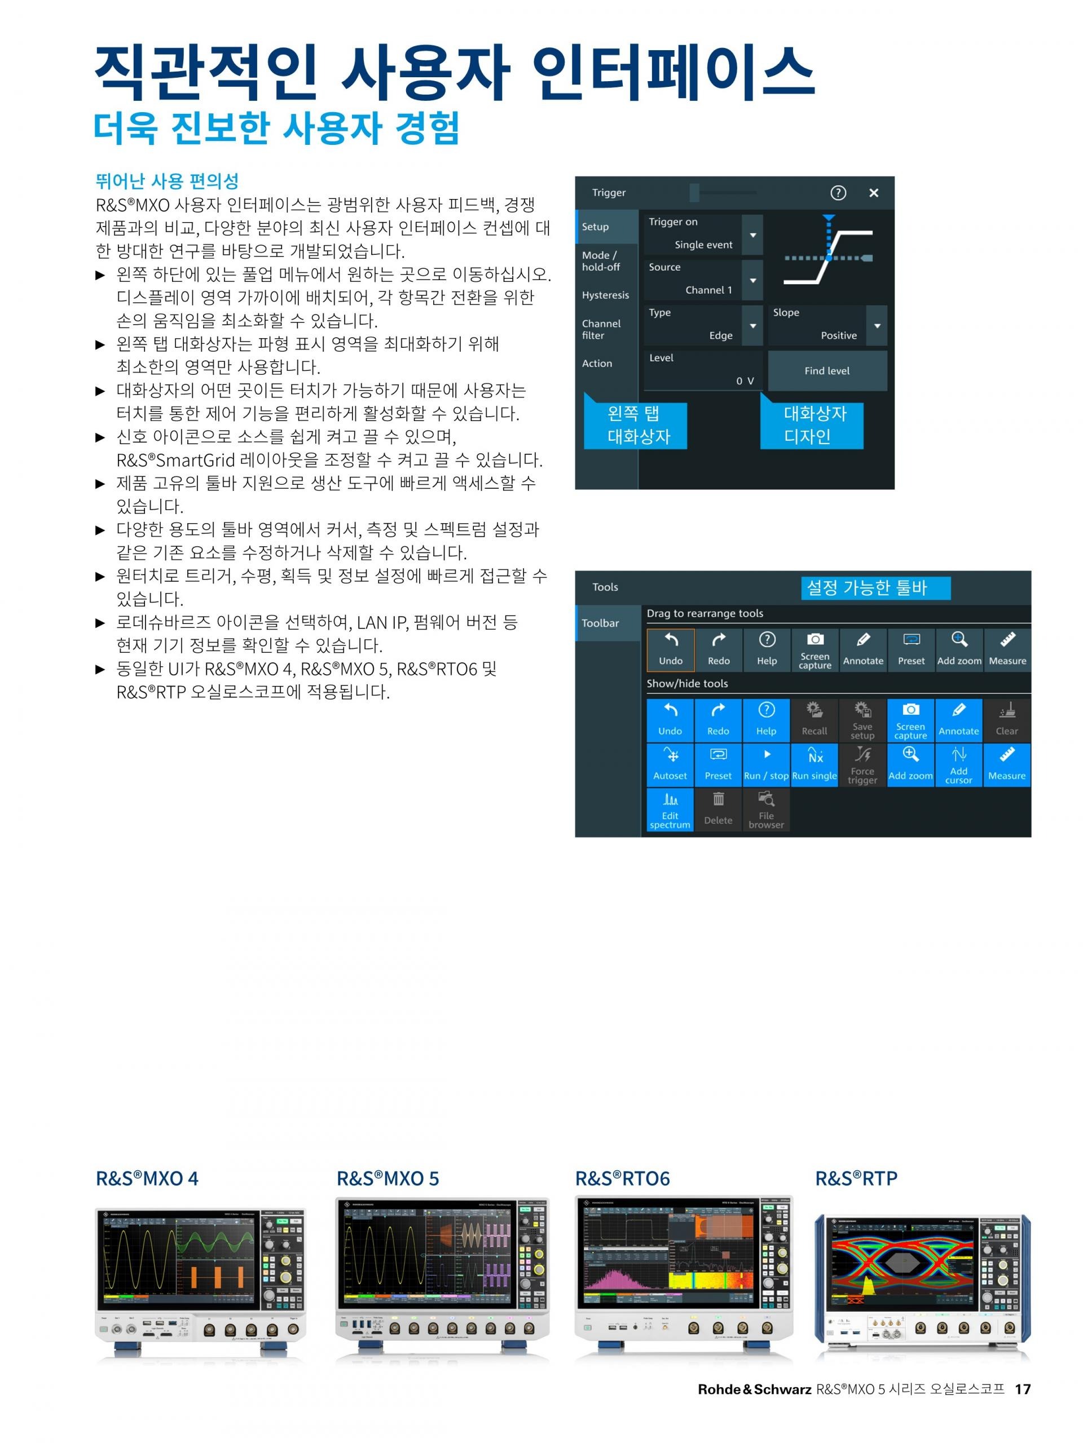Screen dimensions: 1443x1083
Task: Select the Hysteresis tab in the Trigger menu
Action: click(606, 295)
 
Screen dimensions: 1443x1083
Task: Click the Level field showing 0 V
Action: click(702, 370)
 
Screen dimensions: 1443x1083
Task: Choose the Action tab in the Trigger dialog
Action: click(597, 364)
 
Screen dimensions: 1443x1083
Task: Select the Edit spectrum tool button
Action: click(670, 809)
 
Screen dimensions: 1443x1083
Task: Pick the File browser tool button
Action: click(766, 809)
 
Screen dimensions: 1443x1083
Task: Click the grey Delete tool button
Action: click(718, 809)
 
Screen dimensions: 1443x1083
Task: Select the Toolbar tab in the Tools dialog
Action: click(601, 623)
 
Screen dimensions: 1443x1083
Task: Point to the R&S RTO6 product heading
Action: click(622, 1178)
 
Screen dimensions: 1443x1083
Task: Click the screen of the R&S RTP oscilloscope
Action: click(901, 1265)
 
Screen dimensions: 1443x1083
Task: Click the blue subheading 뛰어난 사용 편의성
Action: click(167, 181)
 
